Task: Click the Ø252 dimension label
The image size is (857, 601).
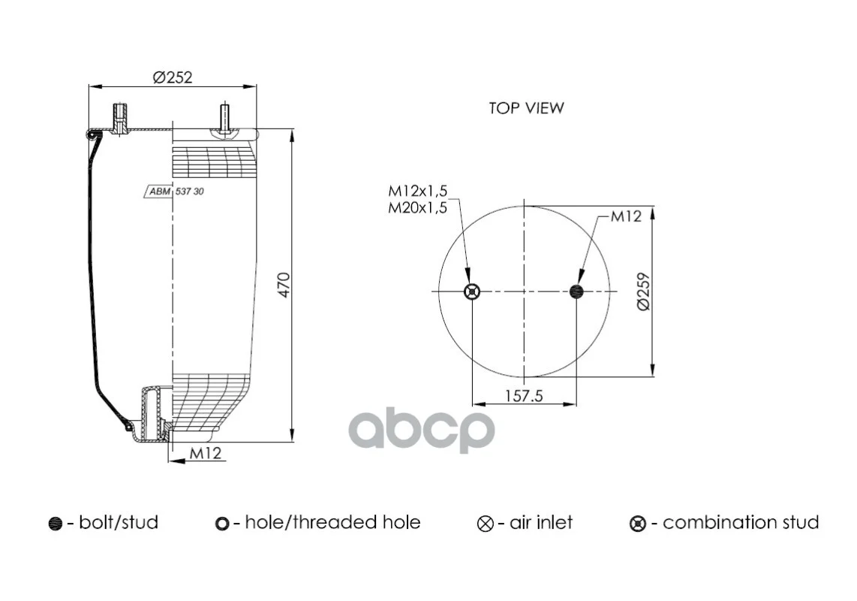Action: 173,77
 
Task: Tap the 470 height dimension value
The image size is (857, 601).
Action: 284,285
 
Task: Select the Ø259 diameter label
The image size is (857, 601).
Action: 644,291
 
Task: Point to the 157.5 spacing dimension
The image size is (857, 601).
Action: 524,395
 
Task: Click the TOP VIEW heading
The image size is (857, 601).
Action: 526,108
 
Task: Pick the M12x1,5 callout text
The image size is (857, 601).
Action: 417,191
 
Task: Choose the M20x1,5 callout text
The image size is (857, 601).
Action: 417,207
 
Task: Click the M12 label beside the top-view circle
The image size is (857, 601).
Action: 626,216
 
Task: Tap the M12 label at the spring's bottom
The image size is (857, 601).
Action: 206,453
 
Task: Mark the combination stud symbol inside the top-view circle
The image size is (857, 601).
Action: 472,291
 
